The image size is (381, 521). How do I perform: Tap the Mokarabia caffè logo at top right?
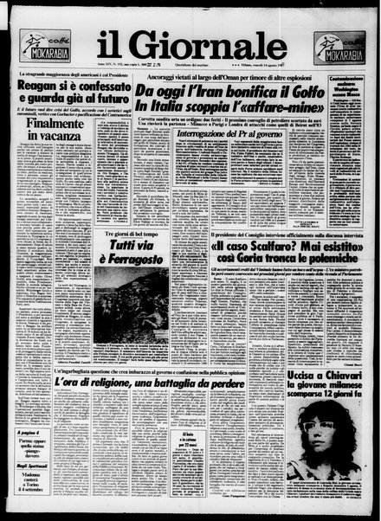(339, 46)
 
